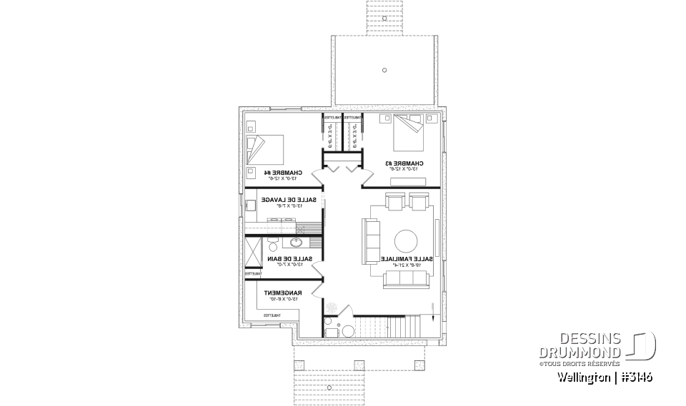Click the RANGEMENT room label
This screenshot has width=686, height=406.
click(x=284, y=293)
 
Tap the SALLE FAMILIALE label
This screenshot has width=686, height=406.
click(x=406, y=258)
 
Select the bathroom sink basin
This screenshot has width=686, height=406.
click(x=296, y=242)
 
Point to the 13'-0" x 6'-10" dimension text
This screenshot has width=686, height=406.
click(x=284, y=299)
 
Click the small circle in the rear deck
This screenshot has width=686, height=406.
click(x=384, y=70)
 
